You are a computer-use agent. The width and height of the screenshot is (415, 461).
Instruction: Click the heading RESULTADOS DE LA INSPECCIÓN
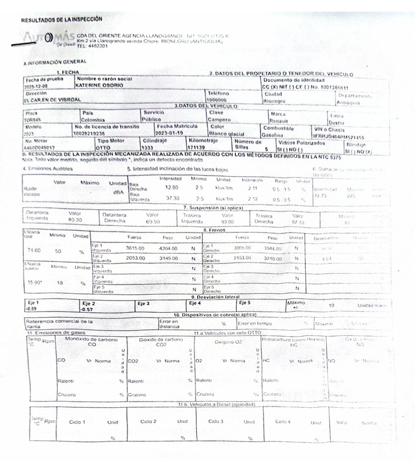pos(62,20)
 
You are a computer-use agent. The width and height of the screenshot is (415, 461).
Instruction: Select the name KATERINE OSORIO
pos(99,85)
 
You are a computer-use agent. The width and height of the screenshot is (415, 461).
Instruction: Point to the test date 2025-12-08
pos(37,85)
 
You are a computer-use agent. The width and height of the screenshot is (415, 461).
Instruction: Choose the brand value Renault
pos(280,121)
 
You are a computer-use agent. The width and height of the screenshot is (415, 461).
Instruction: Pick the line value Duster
pos(355,122)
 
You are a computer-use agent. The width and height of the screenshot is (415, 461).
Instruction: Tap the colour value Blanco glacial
pos(227,133)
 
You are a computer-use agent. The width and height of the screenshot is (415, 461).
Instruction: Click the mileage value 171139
pos(197,147)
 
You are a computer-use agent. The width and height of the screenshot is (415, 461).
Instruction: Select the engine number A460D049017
pos(39,147)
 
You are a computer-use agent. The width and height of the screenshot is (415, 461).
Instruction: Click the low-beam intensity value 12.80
pos(172,187)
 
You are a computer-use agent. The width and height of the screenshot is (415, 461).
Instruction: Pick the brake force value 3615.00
pos(135,248)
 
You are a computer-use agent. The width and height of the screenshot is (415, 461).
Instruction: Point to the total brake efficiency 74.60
pos(34,250)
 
